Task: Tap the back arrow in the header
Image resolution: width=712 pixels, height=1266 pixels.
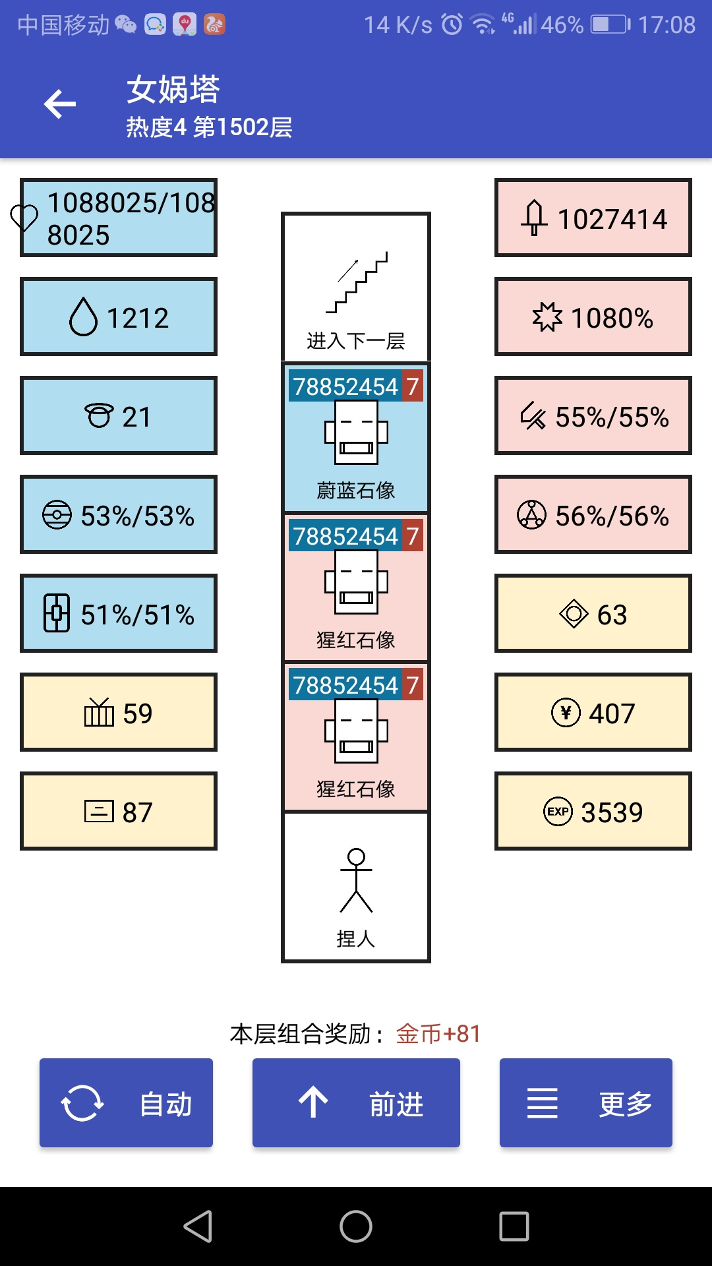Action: click(x=60, y=104)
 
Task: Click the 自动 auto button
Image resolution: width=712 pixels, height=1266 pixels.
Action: click(x=126, y=1102)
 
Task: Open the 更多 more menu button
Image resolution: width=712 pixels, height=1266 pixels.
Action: click(x=586, y=1102)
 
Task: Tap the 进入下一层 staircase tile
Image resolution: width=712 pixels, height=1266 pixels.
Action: click(x=356, y=287)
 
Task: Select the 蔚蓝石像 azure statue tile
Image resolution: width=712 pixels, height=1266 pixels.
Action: click(x=356, y=437)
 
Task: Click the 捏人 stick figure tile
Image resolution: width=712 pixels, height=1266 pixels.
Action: click(x=356, y=887)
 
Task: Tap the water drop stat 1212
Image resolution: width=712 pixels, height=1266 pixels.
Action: click(x=119, y=316)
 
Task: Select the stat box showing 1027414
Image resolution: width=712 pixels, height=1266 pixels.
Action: click(x=593, y=218)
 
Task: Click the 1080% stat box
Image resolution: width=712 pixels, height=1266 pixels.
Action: click(x=593, y=316)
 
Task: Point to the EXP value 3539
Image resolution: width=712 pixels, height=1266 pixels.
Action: click(x=593, y=811)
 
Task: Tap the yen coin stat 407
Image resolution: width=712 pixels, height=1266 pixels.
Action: click(x=593, y=712)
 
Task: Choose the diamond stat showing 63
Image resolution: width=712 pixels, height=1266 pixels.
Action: click(x=593, y=613)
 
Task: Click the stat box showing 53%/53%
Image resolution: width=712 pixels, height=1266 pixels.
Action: click(x=119, y=514)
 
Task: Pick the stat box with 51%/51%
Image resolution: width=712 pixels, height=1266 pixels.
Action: click(x=119, y=613)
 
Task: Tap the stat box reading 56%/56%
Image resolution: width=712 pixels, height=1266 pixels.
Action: click(x=593, y=514)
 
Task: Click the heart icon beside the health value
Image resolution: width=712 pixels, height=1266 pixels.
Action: click(x=24, y=218)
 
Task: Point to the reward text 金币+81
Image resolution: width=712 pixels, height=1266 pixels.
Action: click(x=438, y=1034)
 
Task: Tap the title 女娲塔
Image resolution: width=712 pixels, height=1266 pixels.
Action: click(x=173, y=89)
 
